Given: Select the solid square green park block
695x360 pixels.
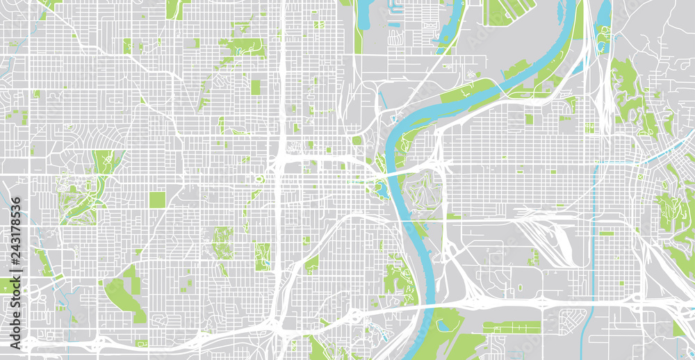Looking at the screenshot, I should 157,200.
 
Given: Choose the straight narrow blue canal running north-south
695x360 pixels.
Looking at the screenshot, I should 595,229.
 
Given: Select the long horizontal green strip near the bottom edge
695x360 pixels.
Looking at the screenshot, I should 512,325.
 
